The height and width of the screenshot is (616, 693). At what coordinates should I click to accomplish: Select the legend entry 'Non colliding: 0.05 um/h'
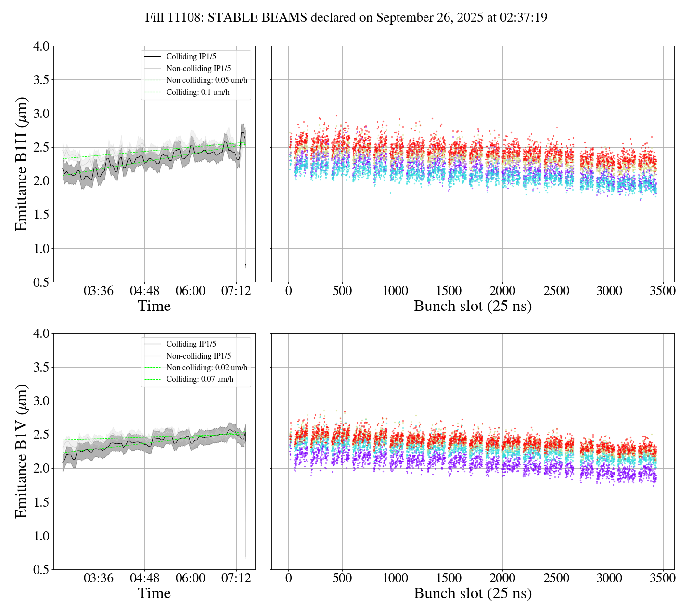206,80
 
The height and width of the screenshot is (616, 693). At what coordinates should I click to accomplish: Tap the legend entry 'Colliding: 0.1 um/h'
198,92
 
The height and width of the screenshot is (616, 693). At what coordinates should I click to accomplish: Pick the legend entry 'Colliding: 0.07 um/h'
200,379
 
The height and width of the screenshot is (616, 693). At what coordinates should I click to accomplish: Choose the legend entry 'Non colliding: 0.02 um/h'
206,368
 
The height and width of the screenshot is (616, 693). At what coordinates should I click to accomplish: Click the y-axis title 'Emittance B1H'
21,164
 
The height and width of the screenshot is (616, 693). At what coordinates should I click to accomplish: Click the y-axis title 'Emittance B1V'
21,451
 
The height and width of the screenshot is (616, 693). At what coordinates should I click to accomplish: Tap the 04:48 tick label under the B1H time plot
144,291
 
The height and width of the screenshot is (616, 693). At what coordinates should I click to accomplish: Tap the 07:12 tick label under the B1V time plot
236,578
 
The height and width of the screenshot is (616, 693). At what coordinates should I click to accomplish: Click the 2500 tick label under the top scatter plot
556,291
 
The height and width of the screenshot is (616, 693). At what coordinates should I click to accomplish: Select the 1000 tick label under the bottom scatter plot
395,578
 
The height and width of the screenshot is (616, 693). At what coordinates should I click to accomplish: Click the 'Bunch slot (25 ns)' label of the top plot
473,306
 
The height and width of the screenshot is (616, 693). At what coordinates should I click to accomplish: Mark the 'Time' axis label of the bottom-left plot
154,593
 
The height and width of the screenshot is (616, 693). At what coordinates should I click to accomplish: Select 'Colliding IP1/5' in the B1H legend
191,57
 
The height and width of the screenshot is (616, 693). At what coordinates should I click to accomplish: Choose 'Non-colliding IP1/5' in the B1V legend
198,356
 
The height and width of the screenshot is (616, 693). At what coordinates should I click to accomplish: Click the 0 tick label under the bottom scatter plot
288,578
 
